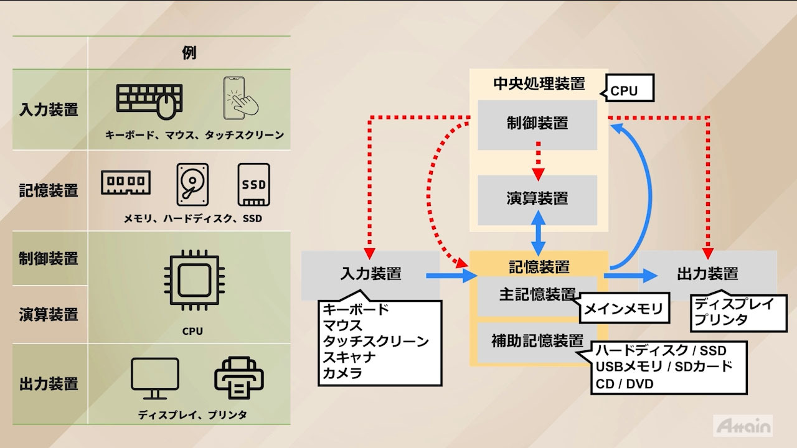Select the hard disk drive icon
[x=192, y=184]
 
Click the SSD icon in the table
[x=253, y=184]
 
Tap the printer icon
[x=238, y=377]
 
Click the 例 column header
[x=189, y=53]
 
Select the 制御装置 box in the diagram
[x=537, y=124]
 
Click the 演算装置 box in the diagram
[x=537, y=199]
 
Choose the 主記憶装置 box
[x=537, y=295]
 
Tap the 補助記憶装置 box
[x=537, y=341]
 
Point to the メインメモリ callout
[x=623, y=309]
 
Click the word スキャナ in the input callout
[x=349, y=357]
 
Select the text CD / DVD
[x=625, y=384]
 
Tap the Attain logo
[x=743, y=426]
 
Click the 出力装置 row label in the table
[x=49, y=383]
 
